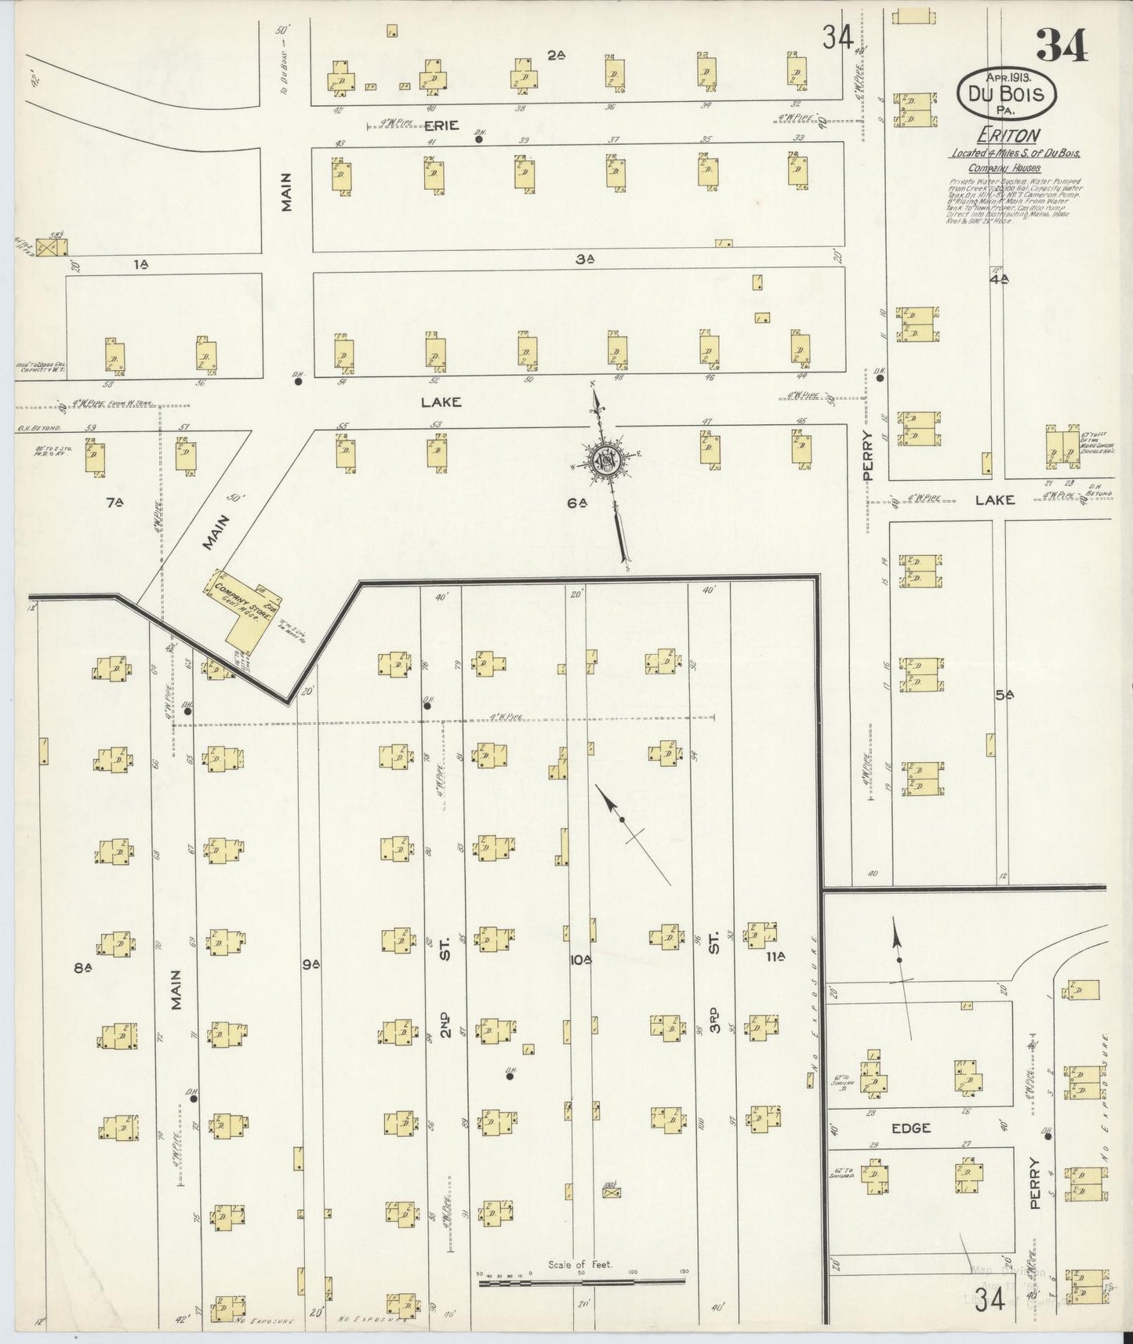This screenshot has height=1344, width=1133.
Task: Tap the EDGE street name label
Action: pos(910,1128)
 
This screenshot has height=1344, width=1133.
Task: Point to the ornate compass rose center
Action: pos(606,461)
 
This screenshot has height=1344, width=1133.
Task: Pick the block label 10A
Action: pos(579,959)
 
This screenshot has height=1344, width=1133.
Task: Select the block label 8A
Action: pos(84,968)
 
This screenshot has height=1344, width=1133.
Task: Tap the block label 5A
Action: pos(1004,695)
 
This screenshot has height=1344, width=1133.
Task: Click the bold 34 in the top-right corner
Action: pos(1062,45)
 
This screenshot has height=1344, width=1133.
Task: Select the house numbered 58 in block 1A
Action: pos(115,357)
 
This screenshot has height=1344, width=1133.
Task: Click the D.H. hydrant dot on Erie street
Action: pos(478,140)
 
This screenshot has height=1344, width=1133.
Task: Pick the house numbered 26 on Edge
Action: pos(967,1078)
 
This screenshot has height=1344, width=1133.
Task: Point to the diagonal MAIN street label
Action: pos(220,532)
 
